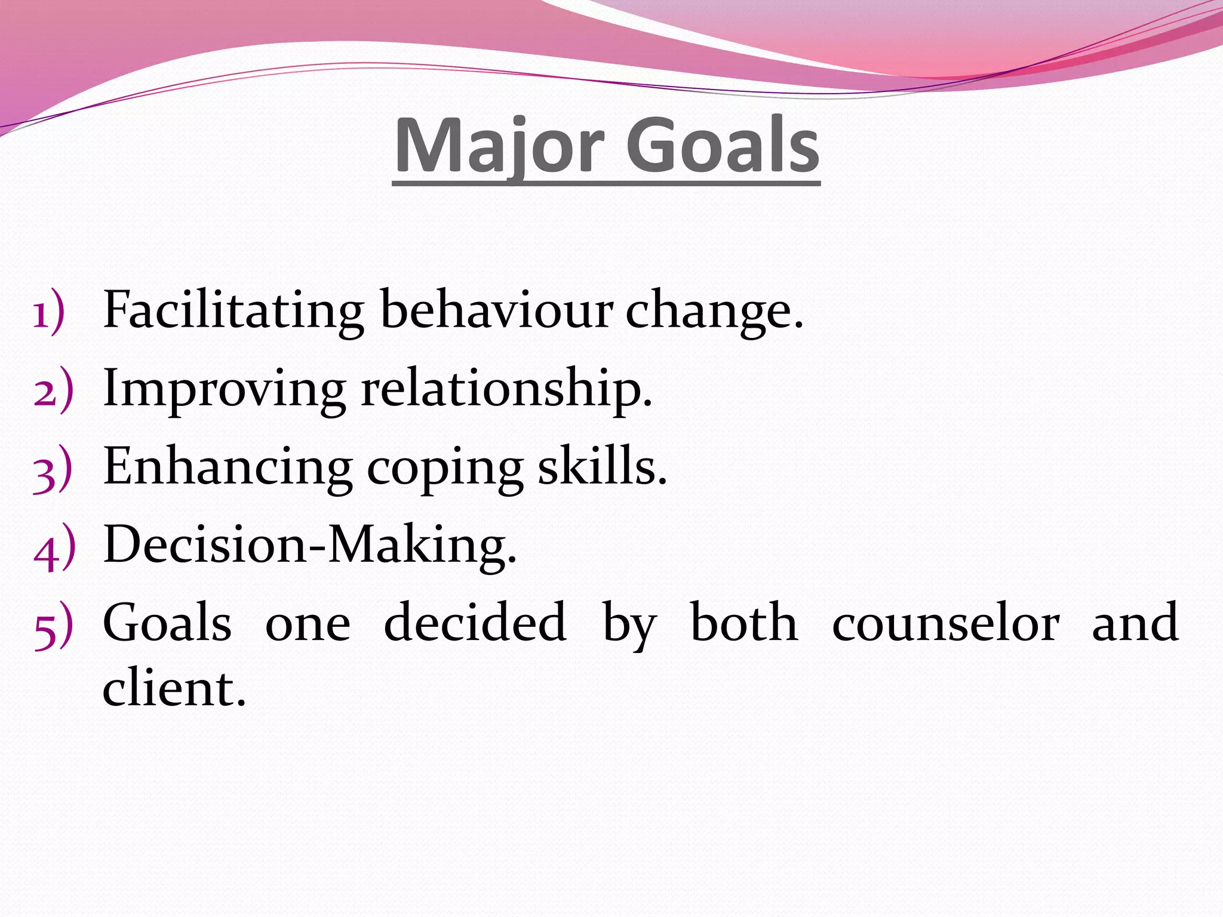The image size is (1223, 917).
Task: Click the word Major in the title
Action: pyautogui.click(x=499, y=146)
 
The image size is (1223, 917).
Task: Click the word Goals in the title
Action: pyautogui.click(x=723, y=146)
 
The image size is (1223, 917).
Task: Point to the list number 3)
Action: pyautogui.click(x=53, y=469)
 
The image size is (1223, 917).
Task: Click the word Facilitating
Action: pyautogui.click(x=233, y=310)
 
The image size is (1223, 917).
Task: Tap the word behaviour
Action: pyautogui.click(x=496, y=310)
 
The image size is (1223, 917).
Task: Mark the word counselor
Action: pyautogui.click(x=946, y=623)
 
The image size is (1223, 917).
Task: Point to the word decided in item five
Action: pyautogui.click(x=475, y=622)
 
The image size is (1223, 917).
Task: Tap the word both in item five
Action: pyautogui.click(x=743, y=622)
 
